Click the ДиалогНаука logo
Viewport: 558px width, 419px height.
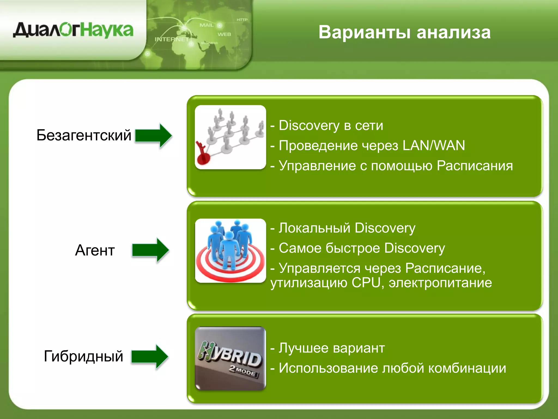click(x=73, y=30)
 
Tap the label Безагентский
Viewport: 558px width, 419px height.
click(x=84, y=135)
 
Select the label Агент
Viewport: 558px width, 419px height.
click(x=95, y=250)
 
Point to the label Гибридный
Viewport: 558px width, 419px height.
click(x=83, y=356)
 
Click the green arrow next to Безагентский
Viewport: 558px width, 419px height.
click(x=154, y=136)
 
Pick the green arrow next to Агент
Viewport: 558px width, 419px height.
click(x=151, y=250)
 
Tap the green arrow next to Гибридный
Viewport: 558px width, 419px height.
click(x=150, y=357)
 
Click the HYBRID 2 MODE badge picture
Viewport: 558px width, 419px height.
click(x=230, y=358)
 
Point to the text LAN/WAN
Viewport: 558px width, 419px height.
click(x=433, y=145)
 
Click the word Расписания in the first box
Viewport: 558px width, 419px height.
click(x=475, y=166)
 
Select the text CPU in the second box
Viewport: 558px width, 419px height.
click(x=366, y=283)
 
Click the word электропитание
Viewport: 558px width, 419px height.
click(x=440, y=283)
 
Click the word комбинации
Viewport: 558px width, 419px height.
click(x=467, y=368)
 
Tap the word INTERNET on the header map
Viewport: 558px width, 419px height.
click(x=172, y=39)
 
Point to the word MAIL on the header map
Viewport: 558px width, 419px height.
click(x=207, y=25)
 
